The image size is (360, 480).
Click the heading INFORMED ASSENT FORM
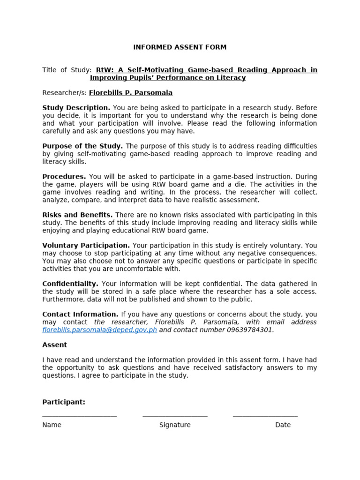[x=180, y=47]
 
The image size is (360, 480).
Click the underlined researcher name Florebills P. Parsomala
[x=131, y=93]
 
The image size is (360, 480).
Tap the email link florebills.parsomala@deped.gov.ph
[x=99, y=330]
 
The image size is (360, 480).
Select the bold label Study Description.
[x=76, y=108]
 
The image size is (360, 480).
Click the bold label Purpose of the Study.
[x=82, y=146]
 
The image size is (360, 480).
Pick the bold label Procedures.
[x=64, y=177]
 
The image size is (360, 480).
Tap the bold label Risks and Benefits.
[x=77, y=215]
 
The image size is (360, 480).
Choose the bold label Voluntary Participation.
[x=86, y=246]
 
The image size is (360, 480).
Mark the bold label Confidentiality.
[x=70, y=284]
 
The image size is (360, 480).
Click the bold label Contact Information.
[x=80, y=315]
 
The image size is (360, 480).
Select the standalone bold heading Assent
[x=55, y=345]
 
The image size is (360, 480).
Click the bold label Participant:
[x=64, y=402]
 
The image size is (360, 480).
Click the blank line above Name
[x=79, y=416]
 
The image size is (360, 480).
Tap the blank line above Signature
[x=175, y=416]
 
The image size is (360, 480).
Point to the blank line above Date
[x=265, y=416]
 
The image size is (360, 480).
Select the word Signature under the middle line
[x=175, y=425]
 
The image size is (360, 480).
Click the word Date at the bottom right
[x=283, y=425]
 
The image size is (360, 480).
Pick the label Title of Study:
[x=67, y=70]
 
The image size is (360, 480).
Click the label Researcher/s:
[x=64, y=93]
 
